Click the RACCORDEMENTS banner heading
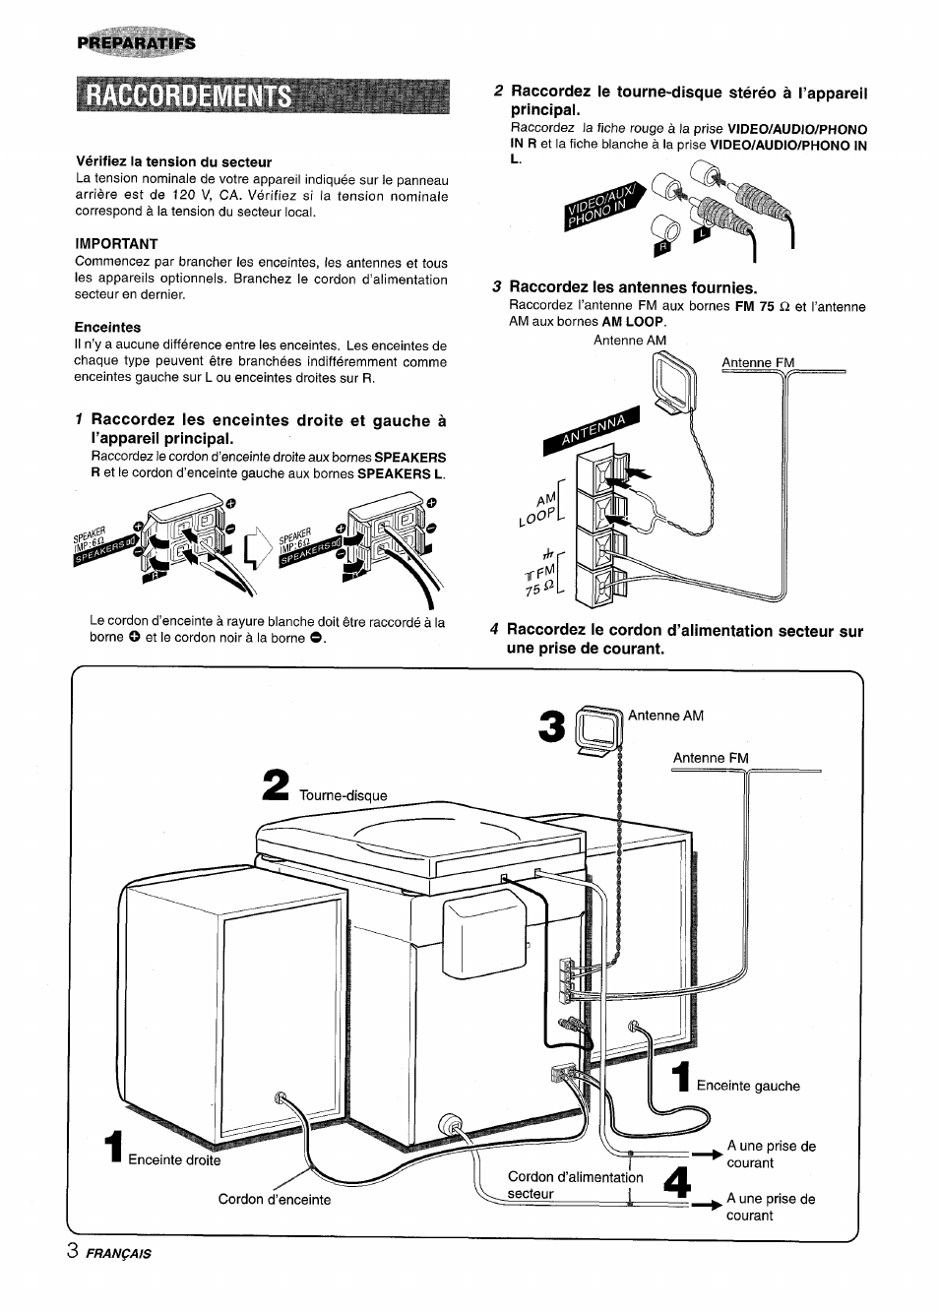point(187,95)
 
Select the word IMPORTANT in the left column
point(116,243)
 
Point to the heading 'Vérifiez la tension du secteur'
point(173,161)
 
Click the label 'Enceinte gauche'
point(748,1086)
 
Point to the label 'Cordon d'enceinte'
point(275,1199)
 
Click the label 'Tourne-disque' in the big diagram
point(344,795)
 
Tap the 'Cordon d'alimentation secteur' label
point(575,1185)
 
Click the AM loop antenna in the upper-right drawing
point(672,378)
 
